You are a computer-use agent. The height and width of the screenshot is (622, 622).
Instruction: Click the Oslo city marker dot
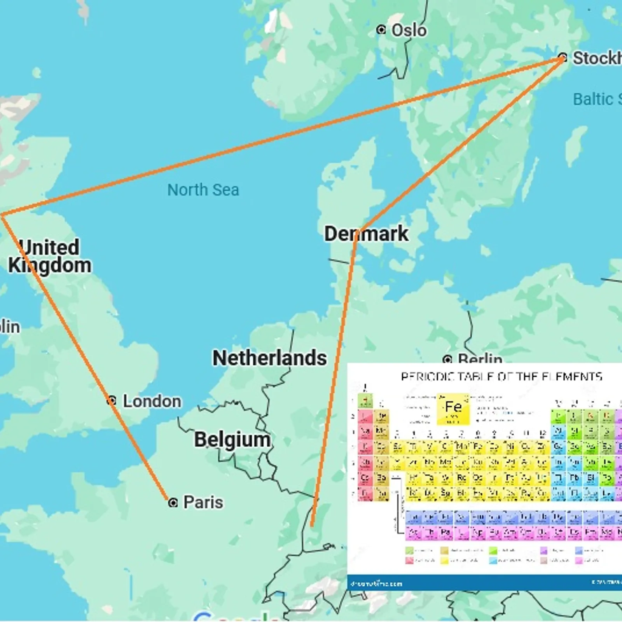[381, 30]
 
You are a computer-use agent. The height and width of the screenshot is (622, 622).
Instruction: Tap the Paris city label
[203, 502]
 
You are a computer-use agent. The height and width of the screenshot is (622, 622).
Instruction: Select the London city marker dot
[112, 400]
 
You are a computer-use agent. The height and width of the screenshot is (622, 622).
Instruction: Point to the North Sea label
[203, 190]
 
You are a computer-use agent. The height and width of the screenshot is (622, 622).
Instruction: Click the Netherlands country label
[269, 358]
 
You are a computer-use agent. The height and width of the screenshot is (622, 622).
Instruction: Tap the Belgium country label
[232, 440]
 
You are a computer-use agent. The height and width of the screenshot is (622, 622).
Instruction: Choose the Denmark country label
[366, 234]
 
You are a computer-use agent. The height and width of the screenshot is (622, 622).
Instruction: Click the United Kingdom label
[50, 257]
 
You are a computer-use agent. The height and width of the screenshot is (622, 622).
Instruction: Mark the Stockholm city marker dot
[563, 58]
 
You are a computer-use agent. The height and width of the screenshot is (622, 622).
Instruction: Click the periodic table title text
[501, 376]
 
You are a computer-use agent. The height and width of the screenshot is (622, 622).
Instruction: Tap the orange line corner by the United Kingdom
[2, 215]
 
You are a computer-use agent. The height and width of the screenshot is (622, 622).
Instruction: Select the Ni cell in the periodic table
[510, 447]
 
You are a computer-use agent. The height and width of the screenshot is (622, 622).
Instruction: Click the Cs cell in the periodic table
[365, 478]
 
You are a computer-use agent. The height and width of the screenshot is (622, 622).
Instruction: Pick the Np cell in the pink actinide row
[478, 533]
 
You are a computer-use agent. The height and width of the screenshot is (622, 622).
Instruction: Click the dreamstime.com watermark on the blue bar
[376, 584]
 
